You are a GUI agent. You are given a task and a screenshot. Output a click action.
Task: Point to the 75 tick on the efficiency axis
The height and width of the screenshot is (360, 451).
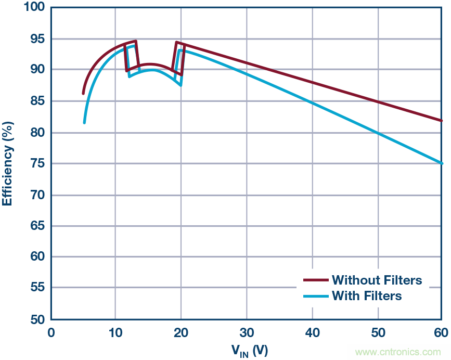click(x=37, y=164)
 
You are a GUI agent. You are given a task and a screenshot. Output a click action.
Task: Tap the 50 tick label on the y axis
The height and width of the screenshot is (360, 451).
click(x=37, y=319)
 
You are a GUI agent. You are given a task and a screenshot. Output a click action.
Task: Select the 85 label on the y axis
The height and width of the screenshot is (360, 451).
click(x=37, y=101)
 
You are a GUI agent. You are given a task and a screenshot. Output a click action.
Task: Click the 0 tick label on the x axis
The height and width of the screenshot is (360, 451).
click(x=51, y=333)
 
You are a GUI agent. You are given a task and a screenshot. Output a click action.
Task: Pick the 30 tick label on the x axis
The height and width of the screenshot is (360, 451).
click(x=247, y=333)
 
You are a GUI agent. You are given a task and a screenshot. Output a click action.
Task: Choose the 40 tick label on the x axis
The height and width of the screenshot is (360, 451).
click(x=312, y=333)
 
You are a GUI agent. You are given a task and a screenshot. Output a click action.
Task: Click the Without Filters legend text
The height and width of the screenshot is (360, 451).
click(x=377, y=280)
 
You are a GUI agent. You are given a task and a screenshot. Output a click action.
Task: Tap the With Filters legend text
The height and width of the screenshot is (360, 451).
click(x=367, y=296)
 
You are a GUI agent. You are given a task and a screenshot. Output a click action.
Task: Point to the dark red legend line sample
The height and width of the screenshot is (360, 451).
click(x=315, y=280)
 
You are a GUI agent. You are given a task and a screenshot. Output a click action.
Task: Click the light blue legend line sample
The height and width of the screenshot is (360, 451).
click(x=315, y=296)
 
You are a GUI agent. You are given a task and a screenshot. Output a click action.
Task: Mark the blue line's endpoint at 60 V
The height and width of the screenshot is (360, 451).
click(x=442, y=163)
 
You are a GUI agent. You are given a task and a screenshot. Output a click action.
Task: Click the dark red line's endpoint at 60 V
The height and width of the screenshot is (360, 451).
click(x=442, y=121)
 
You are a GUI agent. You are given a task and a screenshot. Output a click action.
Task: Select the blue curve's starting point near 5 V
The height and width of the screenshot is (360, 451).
click(x=84, y=123)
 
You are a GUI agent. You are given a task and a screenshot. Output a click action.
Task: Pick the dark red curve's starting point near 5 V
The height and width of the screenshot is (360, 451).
click(x=83, y=94)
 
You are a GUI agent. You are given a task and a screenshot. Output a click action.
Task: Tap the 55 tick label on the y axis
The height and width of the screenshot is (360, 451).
click(x=37, y=288)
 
